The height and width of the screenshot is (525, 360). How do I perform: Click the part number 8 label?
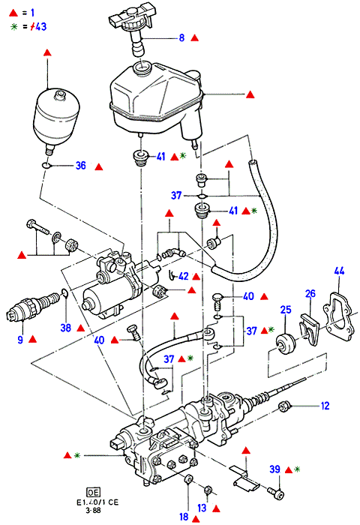[181, 37]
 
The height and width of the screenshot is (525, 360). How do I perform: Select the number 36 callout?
[81, 166]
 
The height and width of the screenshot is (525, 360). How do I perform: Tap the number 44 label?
[339, 271]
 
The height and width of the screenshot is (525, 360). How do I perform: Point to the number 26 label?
[310, 294]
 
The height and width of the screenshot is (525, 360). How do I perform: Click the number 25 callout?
[286, 310]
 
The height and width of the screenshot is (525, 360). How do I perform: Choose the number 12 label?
[325, 406]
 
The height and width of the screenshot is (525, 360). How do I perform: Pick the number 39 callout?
[275, 469]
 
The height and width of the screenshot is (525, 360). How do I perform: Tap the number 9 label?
[20, 340]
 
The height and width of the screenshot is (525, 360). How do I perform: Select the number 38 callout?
[66, 328]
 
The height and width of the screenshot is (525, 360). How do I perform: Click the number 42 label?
[184, 276]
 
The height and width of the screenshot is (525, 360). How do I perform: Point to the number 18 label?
[184, 517]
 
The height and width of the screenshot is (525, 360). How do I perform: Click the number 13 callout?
[202, 508]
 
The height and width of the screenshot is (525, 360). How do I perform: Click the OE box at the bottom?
[93, 493]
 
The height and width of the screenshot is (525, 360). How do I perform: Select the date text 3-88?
[93, 510]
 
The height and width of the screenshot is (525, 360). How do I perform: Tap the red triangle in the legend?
[13, 13]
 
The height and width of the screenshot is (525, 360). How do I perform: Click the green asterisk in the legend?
[13, 27]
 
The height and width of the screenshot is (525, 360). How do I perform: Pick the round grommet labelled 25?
[286, 343]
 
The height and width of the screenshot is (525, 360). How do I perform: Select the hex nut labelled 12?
[284, 406]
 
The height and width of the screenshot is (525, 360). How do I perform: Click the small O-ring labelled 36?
[46, 166]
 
